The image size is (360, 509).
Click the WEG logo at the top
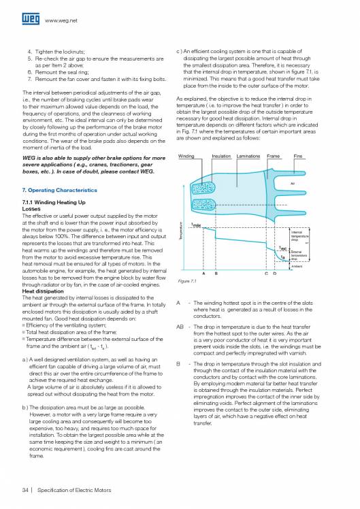[32, 21]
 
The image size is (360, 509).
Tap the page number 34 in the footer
[25, 489]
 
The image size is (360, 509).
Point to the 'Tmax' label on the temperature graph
[196, 225]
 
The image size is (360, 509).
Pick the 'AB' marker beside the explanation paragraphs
[180, 327]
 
